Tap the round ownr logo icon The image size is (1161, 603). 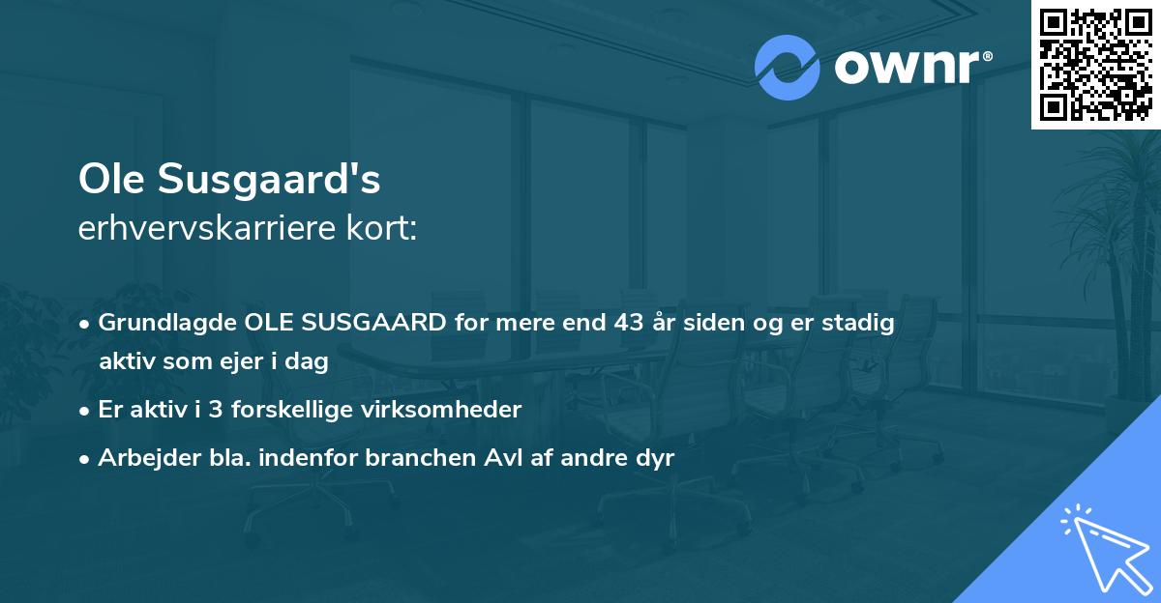click(787, 67)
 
